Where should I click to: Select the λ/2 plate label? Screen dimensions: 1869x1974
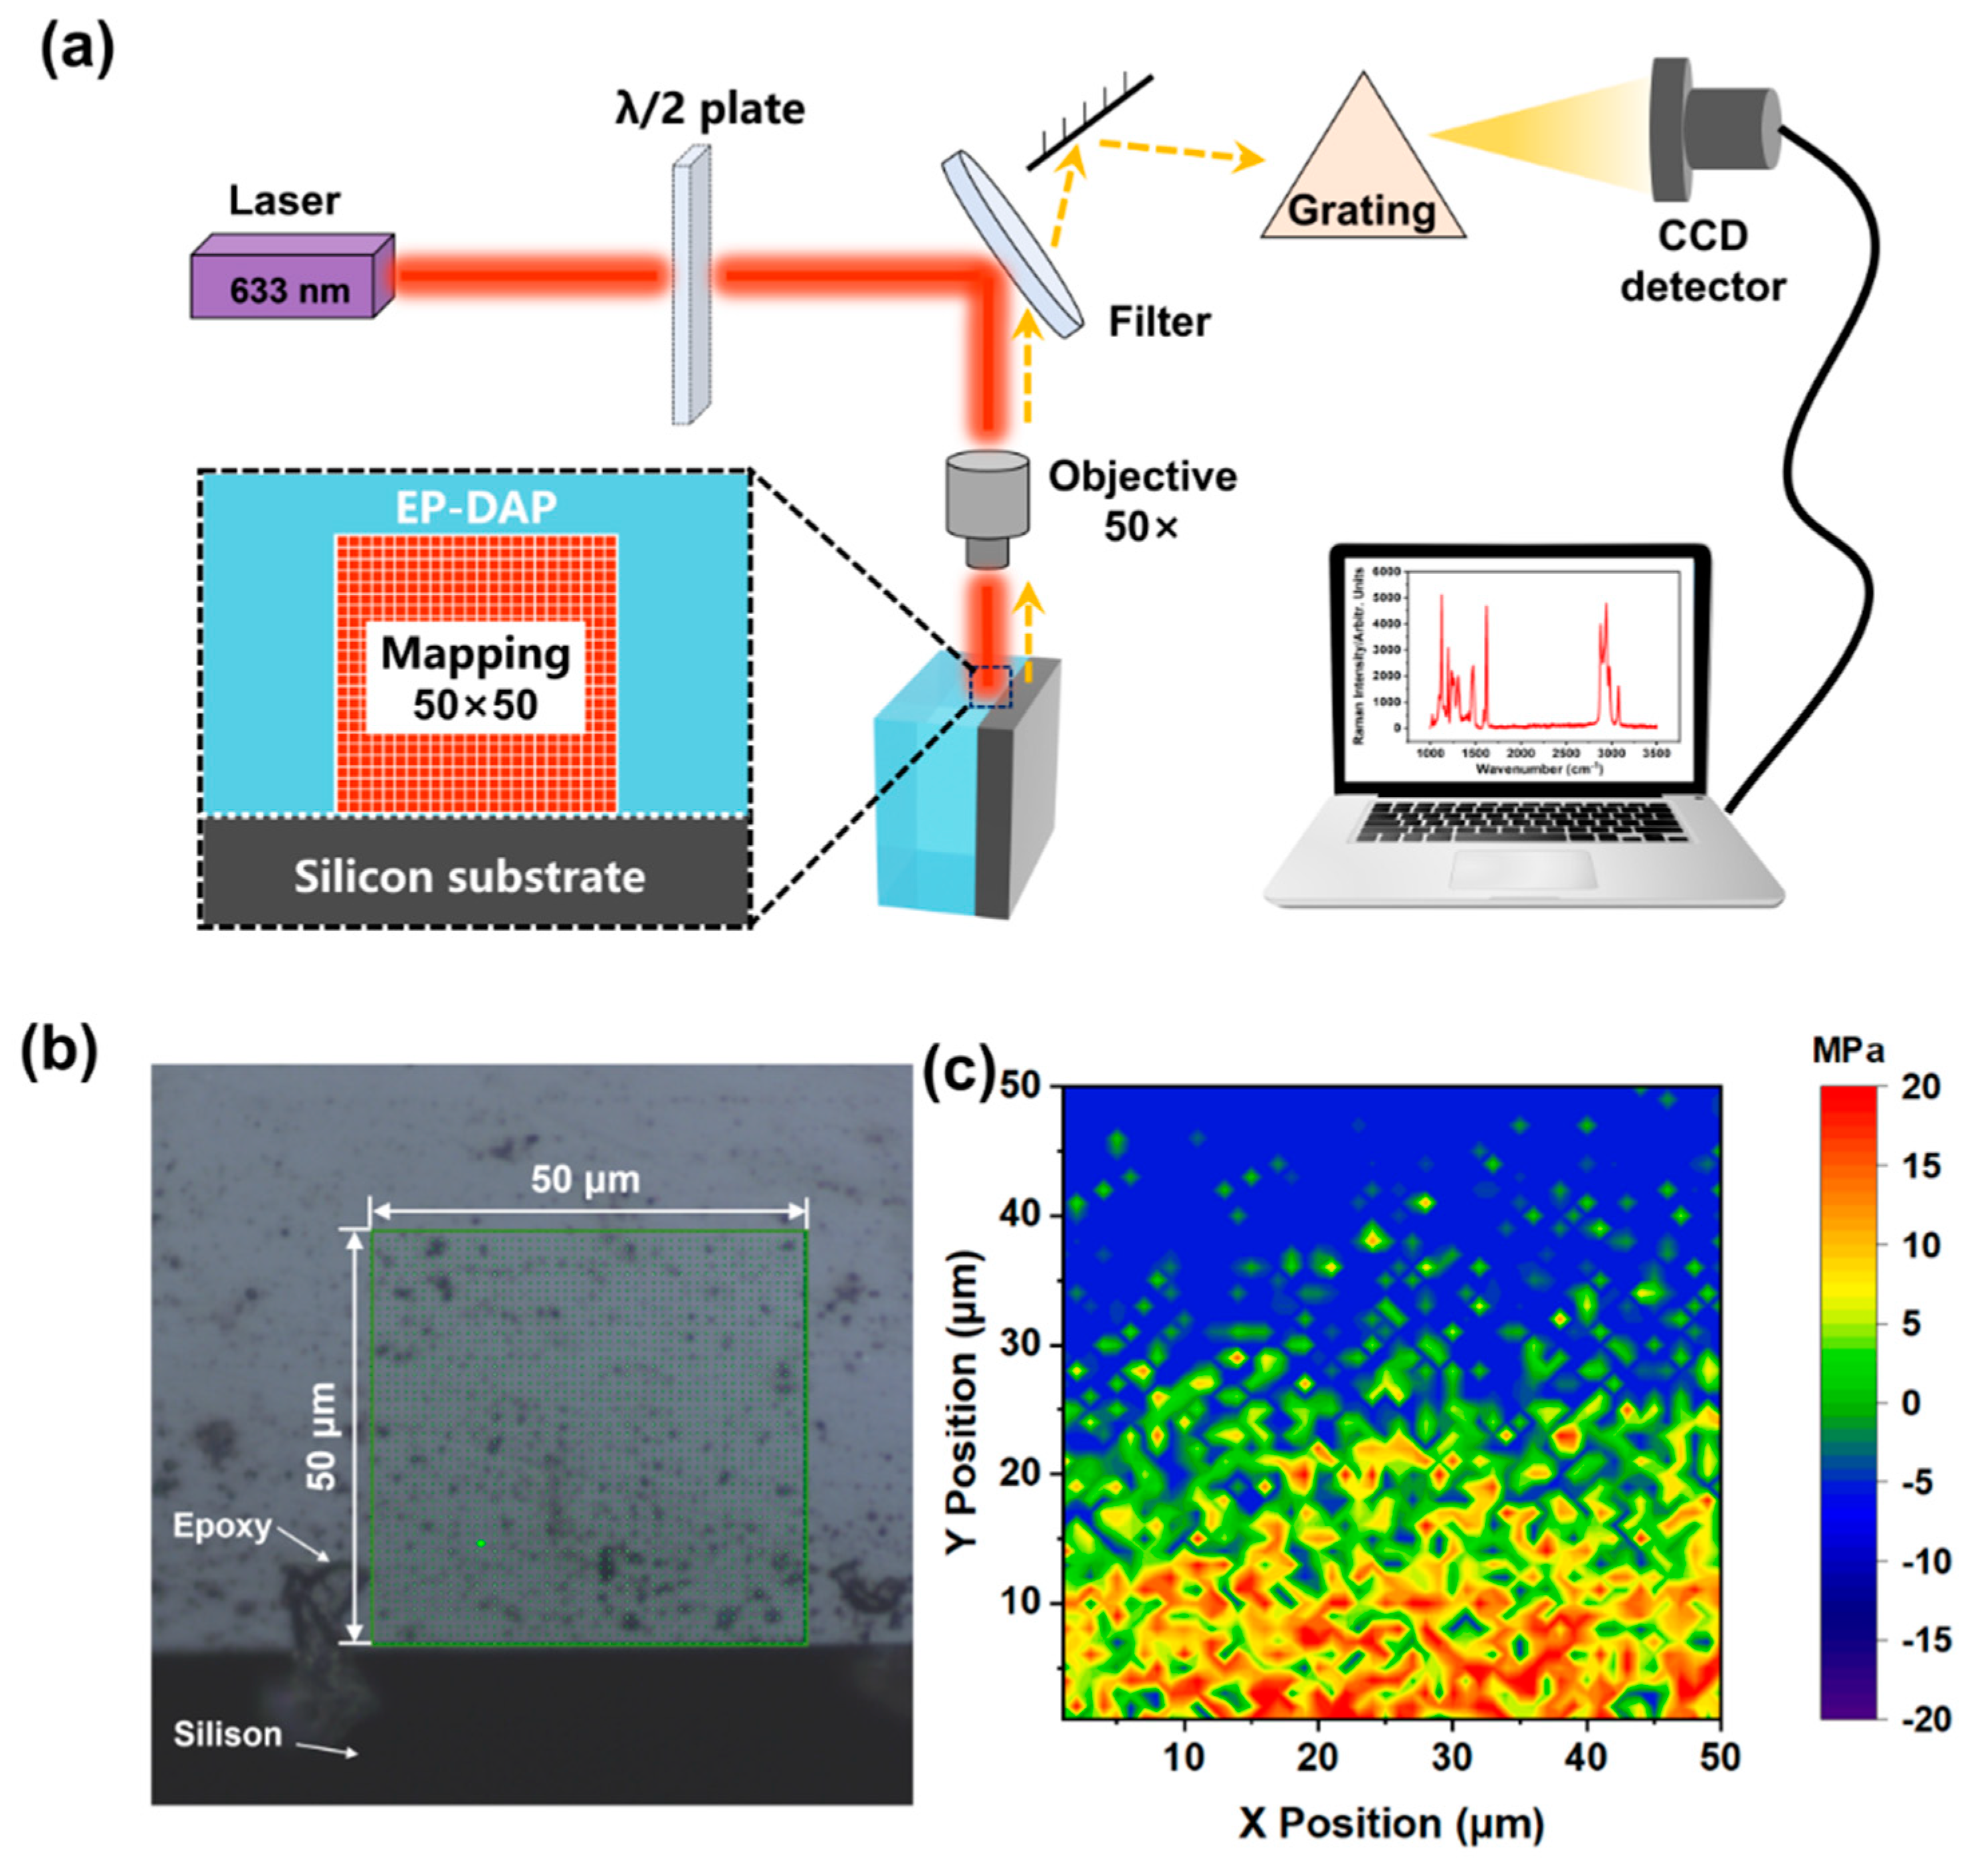[x=709, y=108]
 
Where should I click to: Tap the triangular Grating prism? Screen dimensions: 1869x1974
[x=1362, y=169]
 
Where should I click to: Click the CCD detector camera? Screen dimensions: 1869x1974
[x=1714, y=130]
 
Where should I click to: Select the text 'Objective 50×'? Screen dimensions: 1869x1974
[x=1142, y=501]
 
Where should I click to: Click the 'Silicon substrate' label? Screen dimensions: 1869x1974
[x=469, y=877]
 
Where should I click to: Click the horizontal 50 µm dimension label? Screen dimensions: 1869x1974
[x=585, y=1180]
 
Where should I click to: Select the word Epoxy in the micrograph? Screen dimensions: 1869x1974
[x=222, y=1526]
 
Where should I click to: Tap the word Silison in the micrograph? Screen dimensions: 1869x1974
[x=227, y=1735]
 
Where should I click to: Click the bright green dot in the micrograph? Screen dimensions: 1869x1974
[x=481, y=1543]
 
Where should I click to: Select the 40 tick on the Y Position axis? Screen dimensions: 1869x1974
[x=1018, y=1214]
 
